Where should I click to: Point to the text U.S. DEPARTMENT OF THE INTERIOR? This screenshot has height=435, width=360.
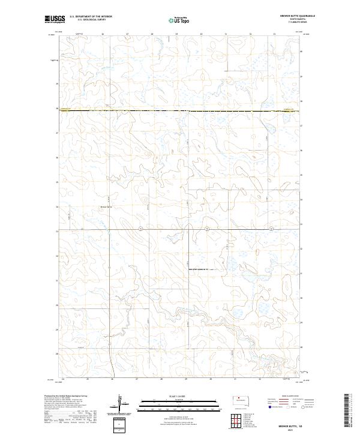pyautogui.click(x=91, y=17)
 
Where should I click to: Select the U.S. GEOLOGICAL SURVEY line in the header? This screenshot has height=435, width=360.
pyautogui.click(x=91, y=20)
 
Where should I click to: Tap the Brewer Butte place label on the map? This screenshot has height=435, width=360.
pyautogui.click(x=106, y=207)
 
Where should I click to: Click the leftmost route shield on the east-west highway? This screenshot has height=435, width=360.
pyautogui.click(x=139, y=229)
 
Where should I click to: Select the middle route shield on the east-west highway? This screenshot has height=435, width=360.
pyautogui.click(x=206, y=229)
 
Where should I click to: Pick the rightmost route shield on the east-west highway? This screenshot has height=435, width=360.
pyautogui.click(x=272, y=229)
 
